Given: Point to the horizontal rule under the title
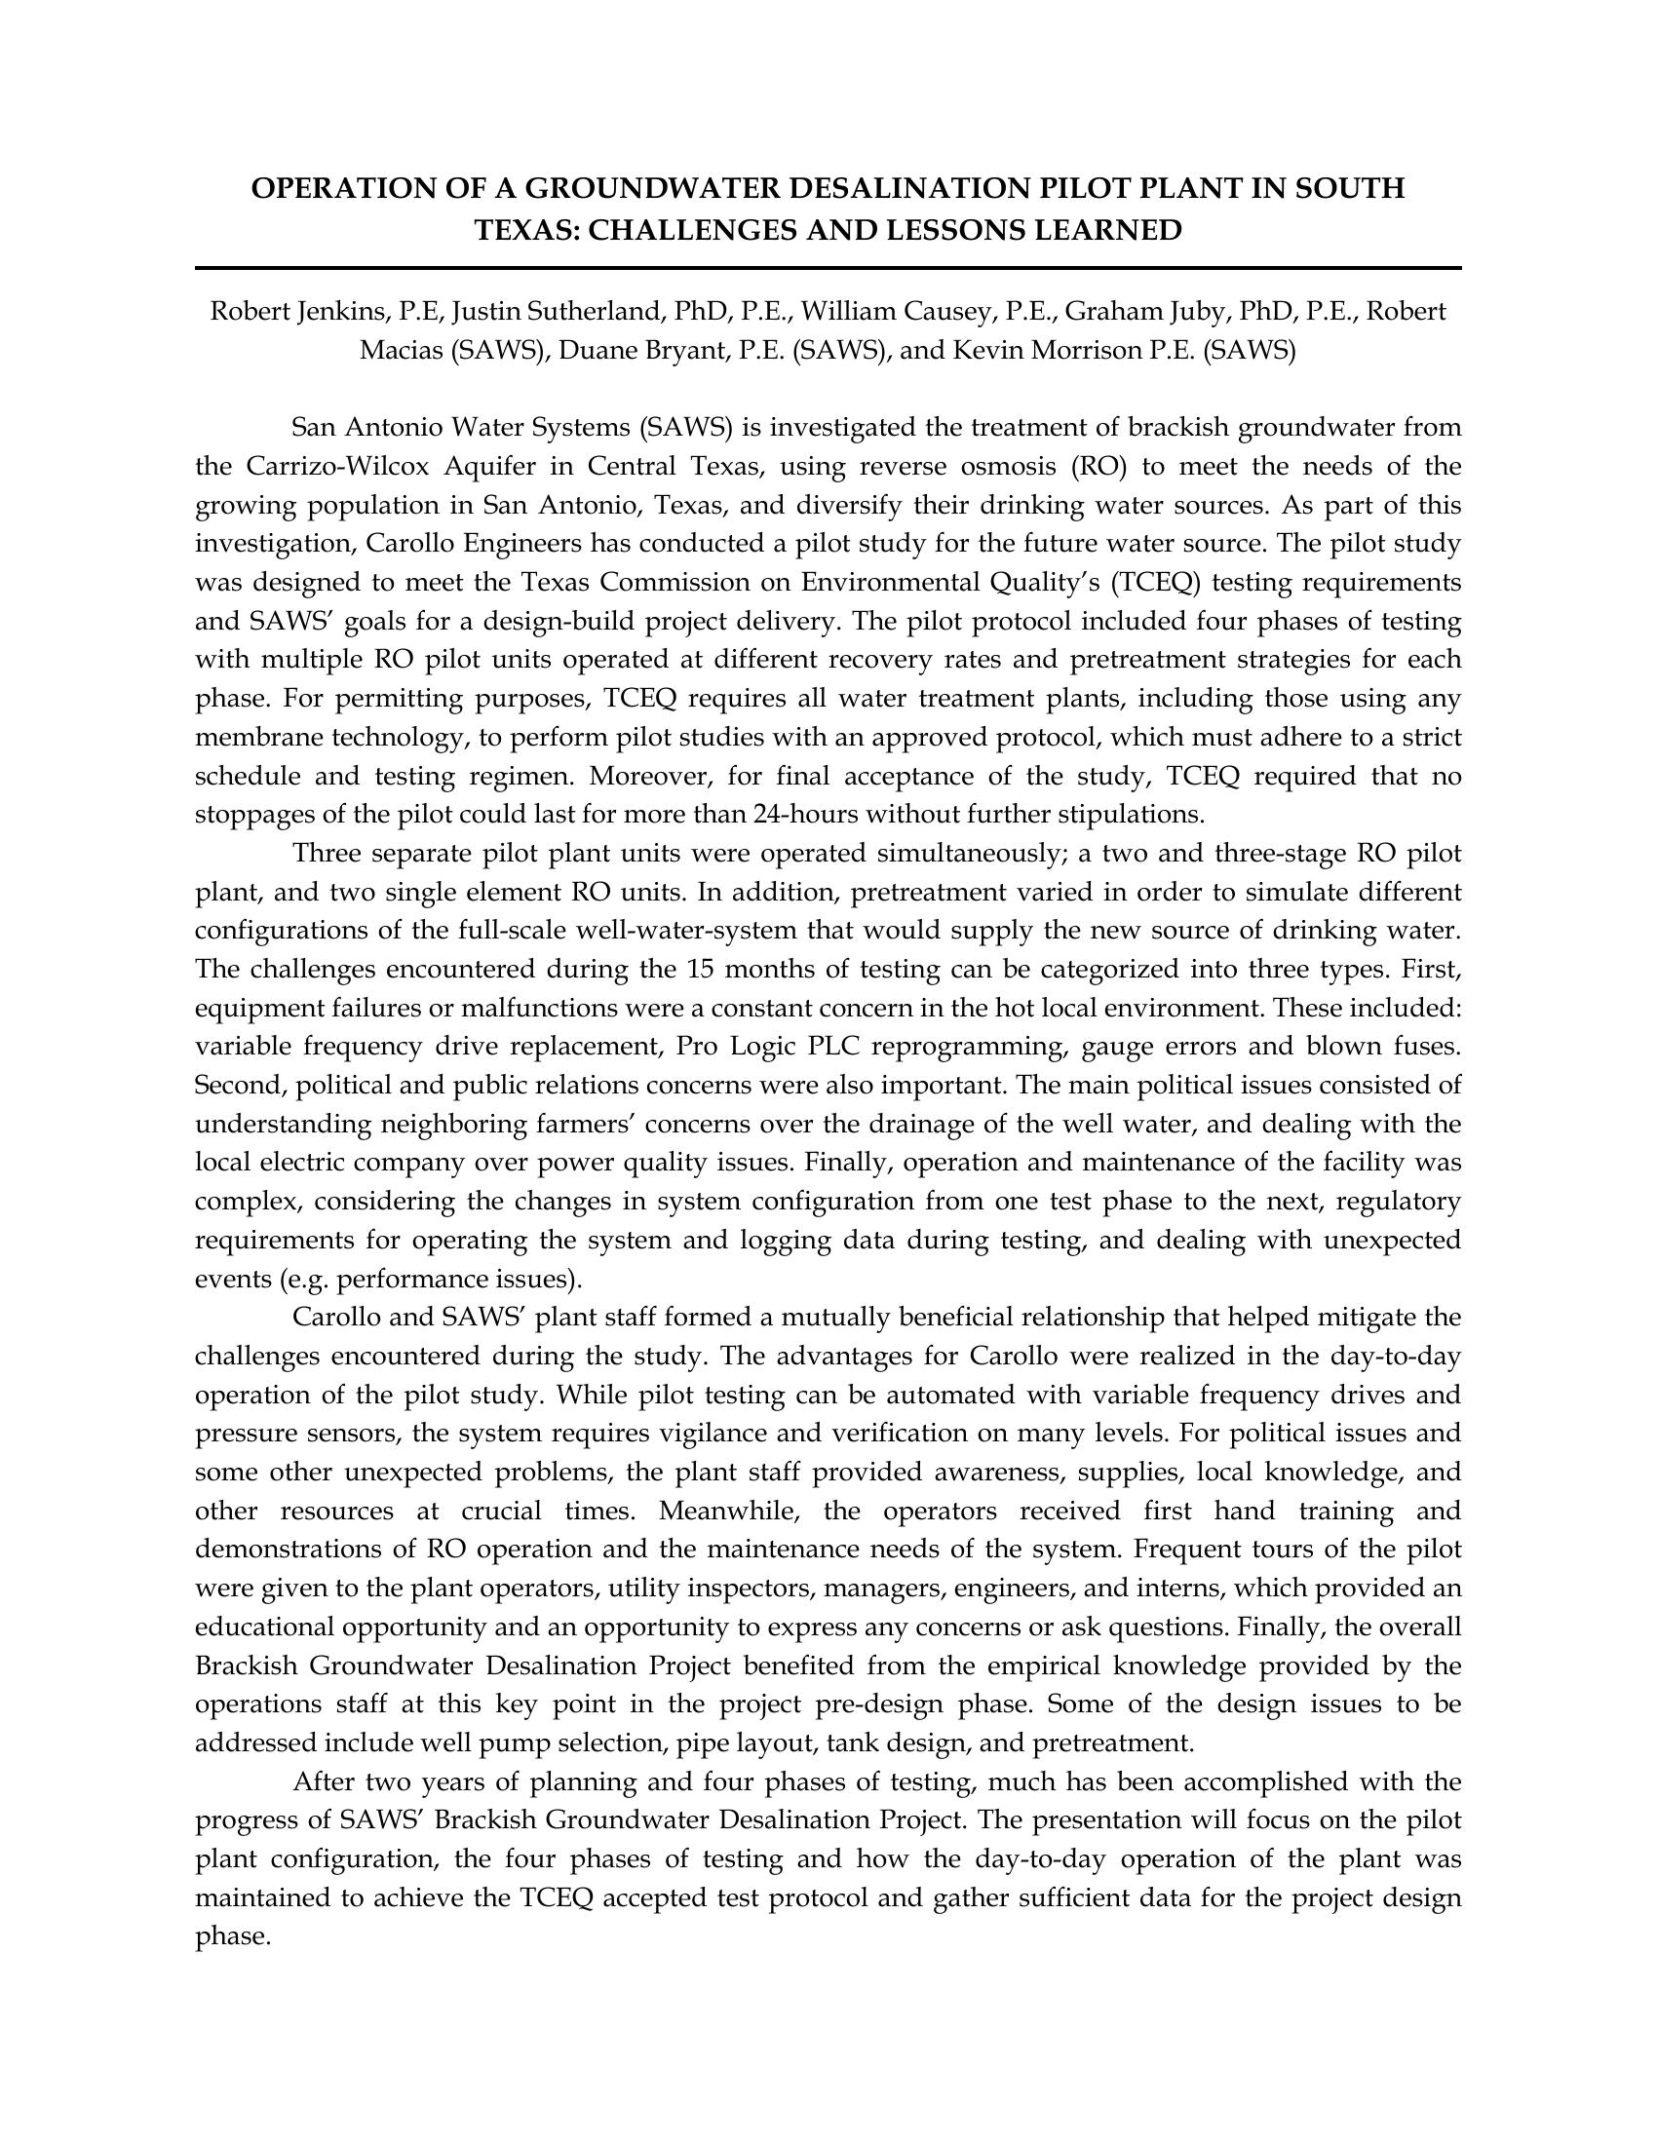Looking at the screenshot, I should click(x=828, y=268).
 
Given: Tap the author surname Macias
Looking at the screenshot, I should click(x=402, y=351).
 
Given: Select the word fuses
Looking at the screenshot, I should click(x=1423, y=1048).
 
